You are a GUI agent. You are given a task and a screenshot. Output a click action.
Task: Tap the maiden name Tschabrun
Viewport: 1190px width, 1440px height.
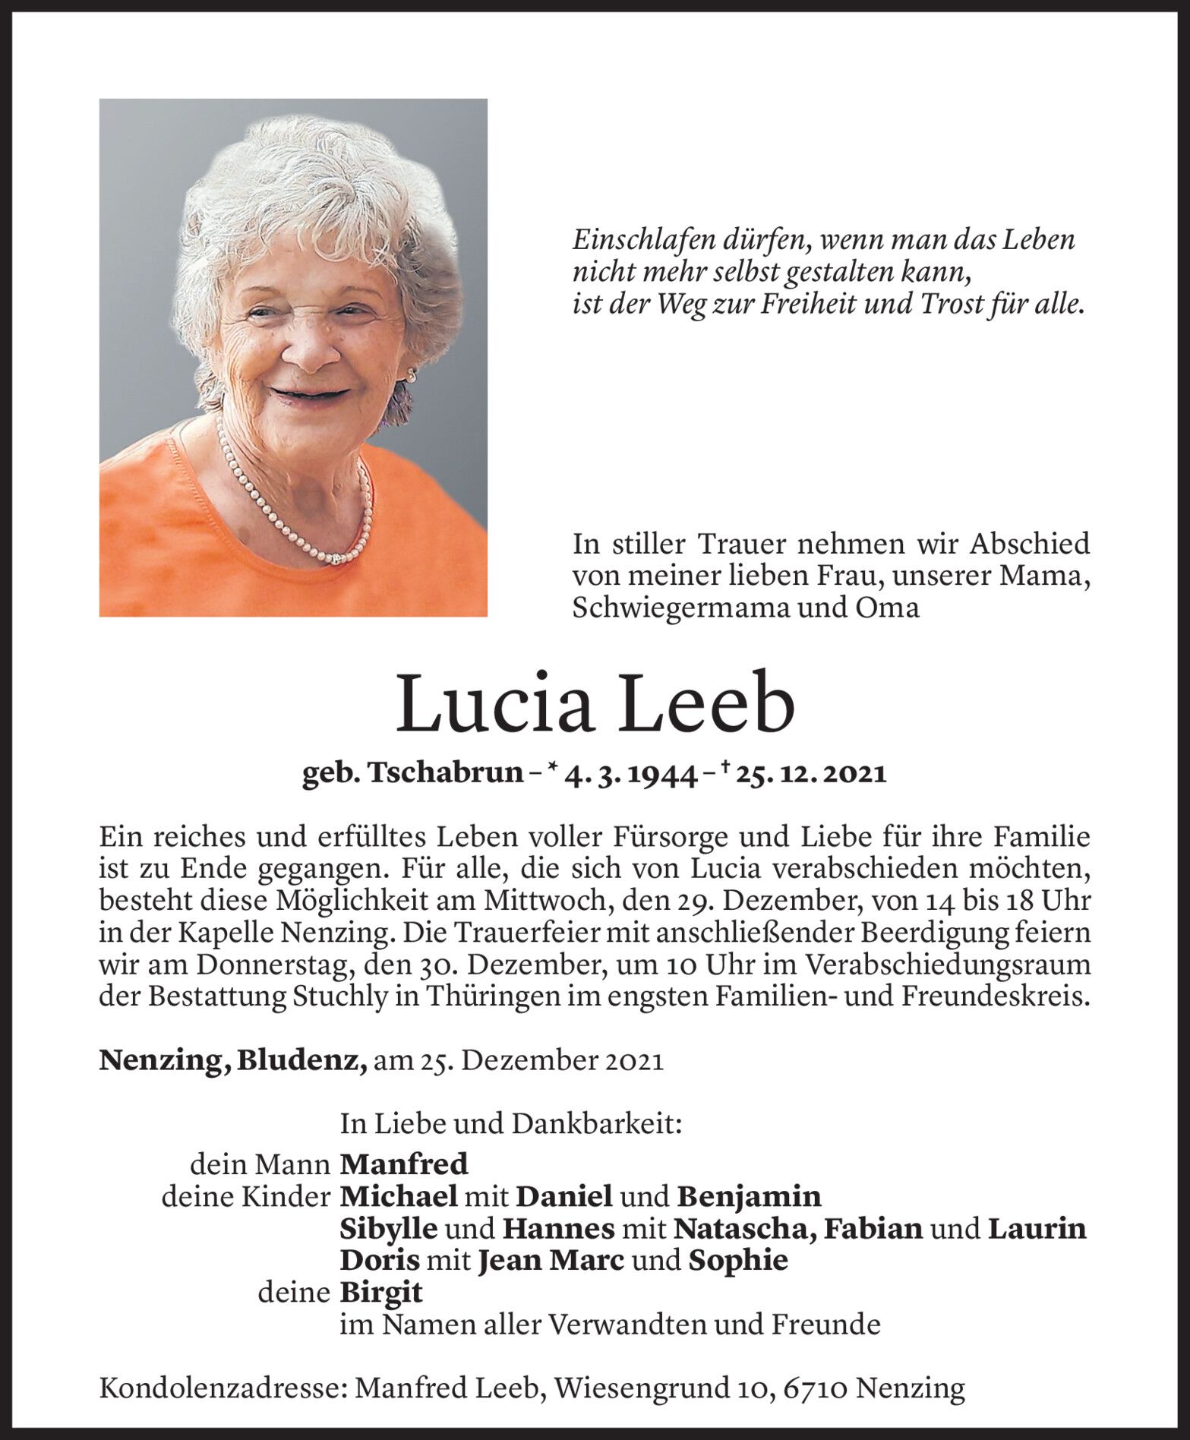(446, 773)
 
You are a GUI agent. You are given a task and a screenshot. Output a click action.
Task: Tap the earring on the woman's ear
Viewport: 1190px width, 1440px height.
(412, 376)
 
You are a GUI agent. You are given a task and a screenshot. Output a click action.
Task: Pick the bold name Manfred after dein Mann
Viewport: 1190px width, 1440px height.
(404, 1164)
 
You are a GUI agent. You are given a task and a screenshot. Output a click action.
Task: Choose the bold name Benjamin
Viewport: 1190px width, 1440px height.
(748, 1196)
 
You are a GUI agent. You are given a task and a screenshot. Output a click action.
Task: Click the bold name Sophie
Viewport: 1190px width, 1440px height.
(737, 1261)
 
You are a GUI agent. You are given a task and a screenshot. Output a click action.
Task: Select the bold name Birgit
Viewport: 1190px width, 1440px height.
(381, 1293)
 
